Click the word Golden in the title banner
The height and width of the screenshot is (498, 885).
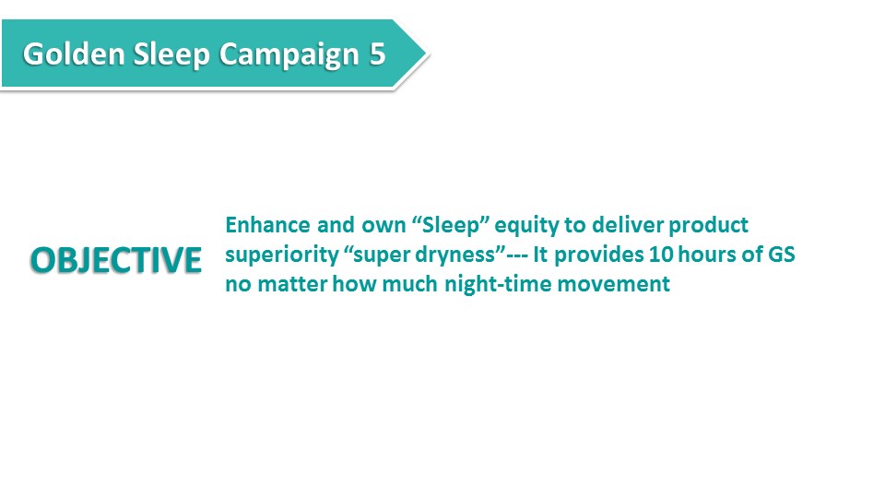(x=74, y=54)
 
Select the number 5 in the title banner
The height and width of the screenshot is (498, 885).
(x=378, y=54)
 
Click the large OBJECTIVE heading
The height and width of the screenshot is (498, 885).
(x=116, y=260)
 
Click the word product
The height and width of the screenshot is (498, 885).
(x=708, y=226)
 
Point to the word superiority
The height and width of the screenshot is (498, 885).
(x=282, y=255)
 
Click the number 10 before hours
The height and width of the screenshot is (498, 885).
(x=660, y=255)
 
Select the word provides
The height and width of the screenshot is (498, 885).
(x=598, y=255)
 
